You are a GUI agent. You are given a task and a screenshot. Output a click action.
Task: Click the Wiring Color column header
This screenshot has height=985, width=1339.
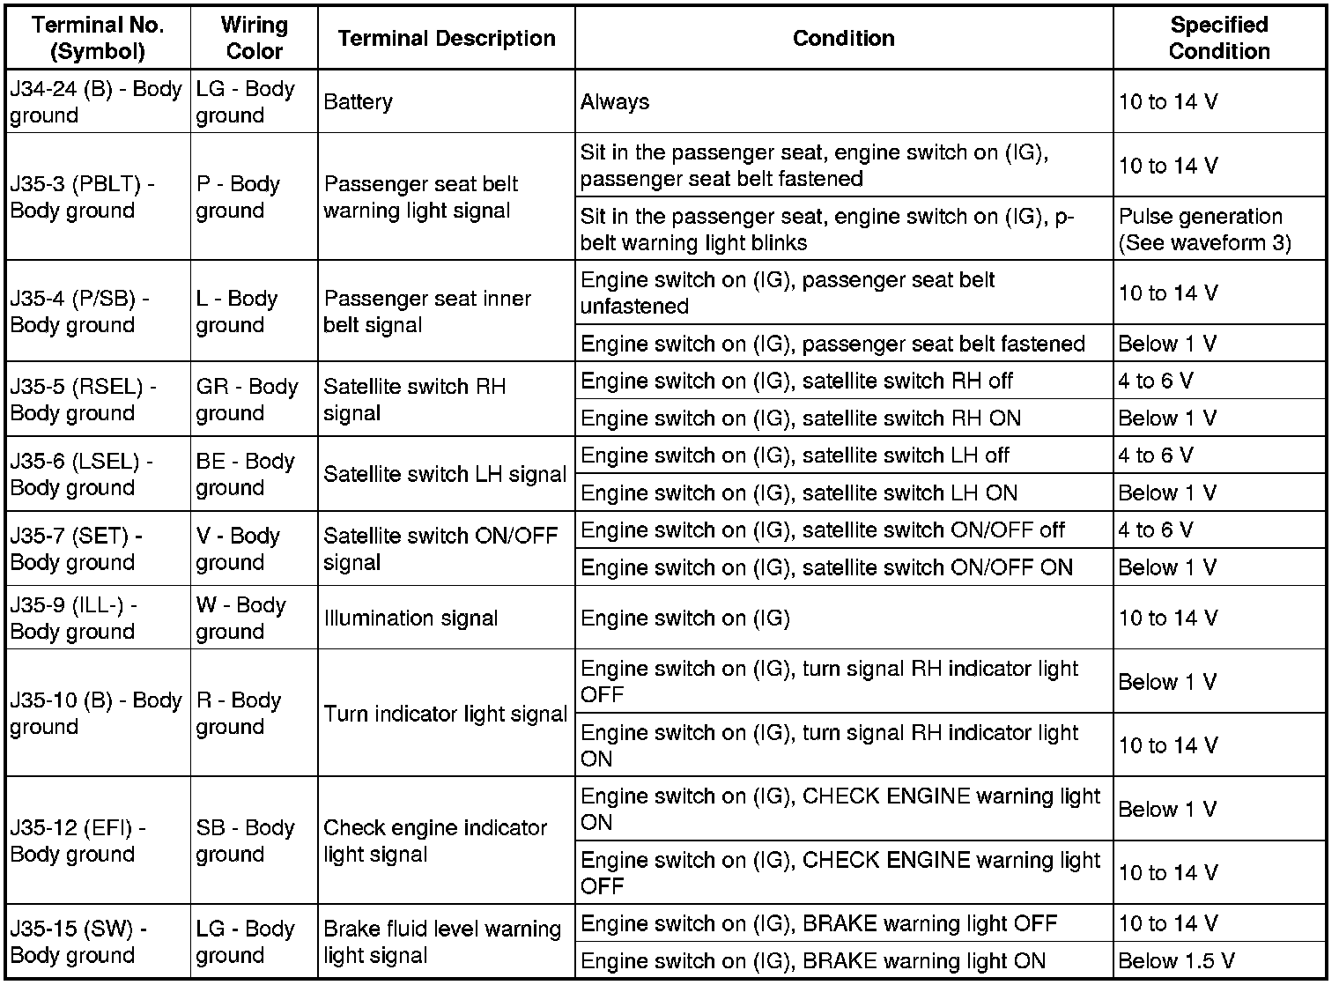[254, 38]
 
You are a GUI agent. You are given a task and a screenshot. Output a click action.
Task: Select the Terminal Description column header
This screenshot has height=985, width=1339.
[446, 38]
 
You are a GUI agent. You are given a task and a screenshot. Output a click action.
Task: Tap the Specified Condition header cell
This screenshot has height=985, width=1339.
[1219, 38]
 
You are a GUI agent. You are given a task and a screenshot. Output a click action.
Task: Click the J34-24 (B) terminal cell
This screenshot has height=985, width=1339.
[97, 101]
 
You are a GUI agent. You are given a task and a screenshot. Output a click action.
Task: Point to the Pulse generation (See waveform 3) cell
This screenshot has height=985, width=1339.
[1219, 229]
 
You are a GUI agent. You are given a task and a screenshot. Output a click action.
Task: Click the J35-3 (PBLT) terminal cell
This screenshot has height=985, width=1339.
[97, 197]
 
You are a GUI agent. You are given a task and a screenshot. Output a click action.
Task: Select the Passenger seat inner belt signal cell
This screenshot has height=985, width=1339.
[446, 311]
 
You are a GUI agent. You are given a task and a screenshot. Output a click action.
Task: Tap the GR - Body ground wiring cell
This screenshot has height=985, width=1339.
[254, 399]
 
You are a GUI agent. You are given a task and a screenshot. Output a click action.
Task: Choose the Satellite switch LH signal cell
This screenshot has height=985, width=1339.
[446, 474]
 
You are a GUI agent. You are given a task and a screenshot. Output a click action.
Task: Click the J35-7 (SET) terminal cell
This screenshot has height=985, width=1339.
[97, 548]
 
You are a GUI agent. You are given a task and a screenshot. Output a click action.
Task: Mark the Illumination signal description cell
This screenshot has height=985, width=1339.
[446, 618]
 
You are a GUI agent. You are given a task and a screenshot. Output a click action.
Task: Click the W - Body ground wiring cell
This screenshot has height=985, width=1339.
[254, 618]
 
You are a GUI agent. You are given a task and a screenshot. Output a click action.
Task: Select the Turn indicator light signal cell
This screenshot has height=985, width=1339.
[446, 714]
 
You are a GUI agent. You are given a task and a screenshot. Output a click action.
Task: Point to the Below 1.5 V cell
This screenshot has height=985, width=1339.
[1219, 960]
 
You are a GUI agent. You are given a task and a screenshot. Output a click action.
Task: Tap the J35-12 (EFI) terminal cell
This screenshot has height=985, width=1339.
[97, 841]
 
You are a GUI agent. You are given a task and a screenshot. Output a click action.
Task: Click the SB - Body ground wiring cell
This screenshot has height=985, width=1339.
[254, 841]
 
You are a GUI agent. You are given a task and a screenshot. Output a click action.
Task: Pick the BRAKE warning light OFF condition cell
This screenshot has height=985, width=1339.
[843, 923]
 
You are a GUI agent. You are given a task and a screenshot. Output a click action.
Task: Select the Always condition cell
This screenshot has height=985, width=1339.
[843, 101]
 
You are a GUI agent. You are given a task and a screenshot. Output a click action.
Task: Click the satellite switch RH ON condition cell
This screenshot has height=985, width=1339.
[843, 418]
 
